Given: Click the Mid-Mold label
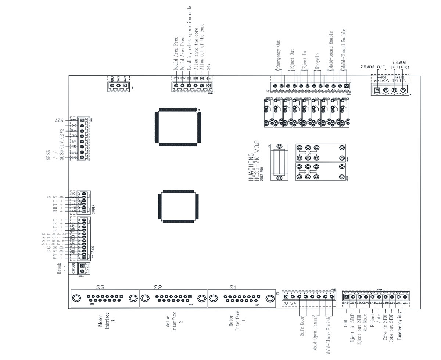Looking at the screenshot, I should (x=365, y=323).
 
